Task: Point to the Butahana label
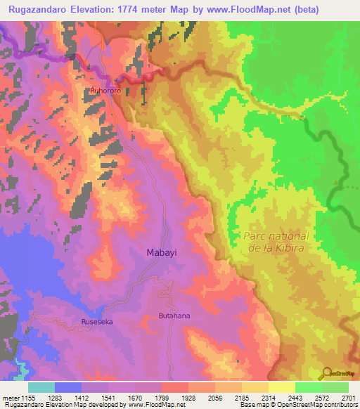[x=174, y=316]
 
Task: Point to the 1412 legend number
[x=84, y=397]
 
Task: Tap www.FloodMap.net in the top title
[x=232, y=10]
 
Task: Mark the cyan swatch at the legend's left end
[x=41, y=387]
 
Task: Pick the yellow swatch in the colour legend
[x=281, y=387]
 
